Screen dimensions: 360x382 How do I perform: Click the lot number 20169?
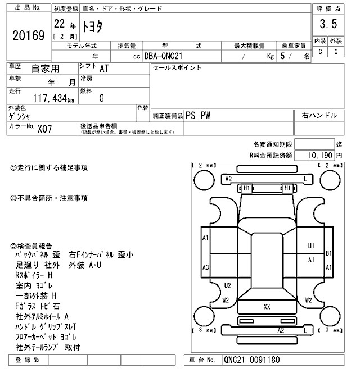(28, 37)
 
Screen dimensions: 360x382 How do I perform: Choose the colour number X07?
(44, 128)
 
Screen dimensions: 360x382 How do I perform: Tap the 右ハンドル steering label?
(319, 115)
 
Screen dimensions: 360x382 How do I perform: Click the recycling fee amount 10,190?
(321, 154)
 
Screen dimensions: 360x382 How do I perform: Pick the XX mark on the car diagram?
(267, 306)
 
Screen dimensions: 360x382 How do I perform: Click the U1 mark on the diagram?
(311, 245)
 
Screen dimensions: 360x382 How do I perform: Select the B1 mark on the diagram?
(329, 253)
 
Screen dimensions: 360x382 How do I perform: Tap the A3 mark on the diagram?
(206, 267)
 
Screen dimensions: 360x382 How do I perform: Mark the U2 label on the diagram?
(227, 285)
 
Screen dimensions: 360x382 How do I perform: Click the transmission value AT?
(105, 69)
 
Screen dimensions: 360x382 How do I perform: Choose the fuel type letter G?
(101, 98)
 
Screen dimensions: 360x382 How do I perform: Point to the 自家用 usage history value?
(45, 69)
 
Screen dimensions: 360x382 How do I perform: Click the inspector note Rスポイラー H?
(34, 275)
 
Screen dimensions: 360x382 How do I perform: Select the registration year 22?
(58, 25)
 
